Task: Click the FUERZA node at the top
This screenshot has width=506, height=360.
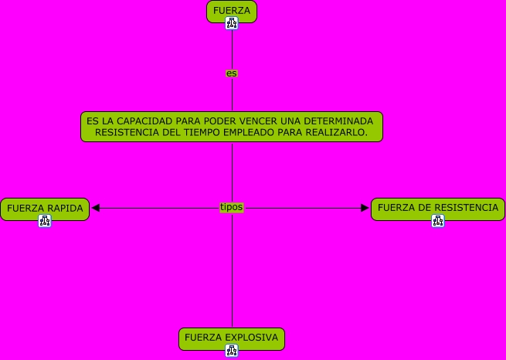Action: [x=232, y=10]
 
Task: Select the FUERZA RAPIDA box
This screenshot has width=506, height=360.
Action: [x=45, y=208]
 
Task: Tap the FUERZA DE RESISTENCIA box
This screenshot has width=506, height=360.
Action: [x=437, y=208]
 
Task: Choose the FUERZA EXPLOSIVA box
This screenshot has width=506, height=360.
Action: [x=231, y=338]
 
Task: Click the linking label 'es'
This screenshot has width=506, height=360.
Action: [x=232, y=73]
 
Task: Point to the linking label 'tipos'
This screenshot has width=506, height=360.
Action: [x=231, y=207]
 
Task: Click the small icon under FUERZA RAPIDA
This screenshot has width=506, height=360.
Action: [x=45, y=221]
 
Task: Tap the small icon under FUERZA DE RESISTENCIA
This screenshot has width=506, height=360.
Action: [x=438, y=221]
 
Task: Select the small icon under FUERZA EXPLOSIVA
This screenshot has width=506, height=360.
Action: [x=231, y=351]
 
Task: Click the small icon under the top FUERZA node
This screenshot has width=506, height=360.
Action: [x=232, y=23]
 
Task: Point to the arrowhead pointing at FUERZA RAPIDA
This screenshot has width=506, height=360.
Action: [x=95, y=208]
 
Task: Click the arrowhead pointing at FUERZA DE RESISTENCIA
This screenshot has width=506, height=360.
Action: [x=365, y=208]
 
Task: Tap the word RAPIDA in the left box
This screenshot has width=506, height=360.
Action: [x=65, y=208]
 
